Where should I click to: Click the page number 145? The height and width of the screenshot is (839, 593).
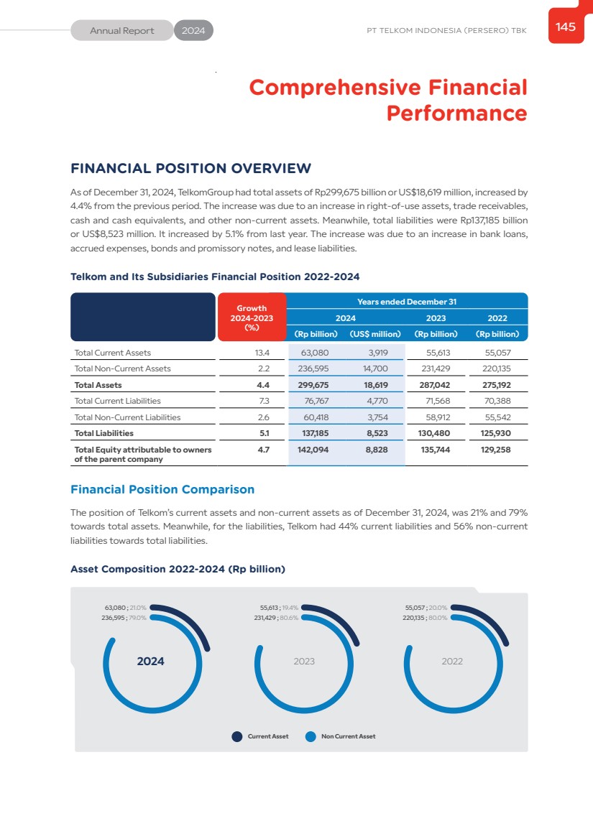point(566,27)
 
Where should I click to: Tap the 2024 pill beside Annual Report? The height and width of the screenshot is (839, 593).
point(193,31)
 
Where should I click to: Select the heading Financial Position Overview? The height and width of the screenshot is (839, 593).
point(190,169)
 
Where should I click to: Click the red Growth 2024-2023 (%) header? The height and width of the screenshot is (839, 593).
point(252,317)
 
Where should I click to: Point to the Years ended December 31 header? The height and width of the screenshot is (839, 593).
point(407,302)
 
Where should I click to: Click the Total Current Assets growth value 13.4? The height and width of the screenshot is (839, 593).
point(262,353)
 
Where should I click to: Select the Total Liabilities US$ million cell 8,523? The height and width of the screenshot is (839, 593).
point(377,433)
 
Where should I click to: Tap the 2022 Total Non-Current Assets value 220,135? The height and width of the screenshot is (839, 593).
point(492,368)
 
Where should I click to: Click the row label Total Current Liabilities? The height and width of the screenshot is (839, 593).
point(118,401)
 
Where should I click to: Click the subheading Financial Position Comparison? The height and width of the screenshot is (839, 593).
point(162,489)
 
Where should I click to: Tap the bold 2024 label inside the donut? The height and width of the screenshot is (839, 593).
point(151,662)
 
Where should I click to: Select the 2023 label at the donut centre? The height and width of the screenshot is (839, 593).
point(304,662)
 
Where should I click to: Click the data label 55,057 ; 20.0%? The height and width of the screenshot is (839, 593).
point(426,608)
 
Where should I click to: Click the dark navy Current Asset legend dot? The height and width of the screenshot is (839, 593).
point(237,736)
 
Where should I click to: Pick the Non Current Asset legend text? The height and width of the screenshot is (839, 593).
point(348,736)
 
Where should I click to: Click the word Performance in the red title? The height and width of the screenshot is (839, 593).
point(456,113)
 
